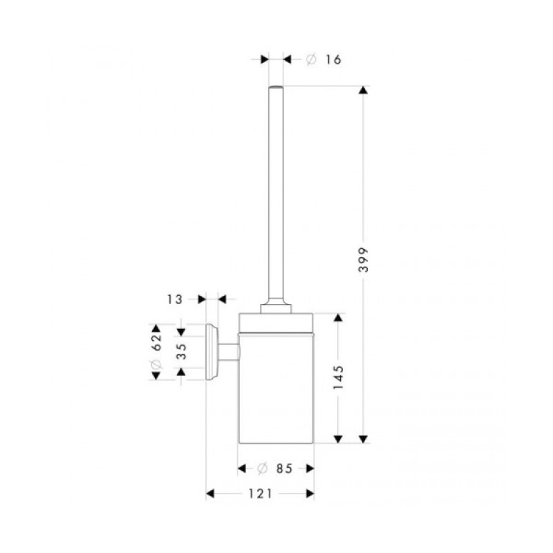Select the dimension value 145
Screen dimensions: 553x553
(339, 377)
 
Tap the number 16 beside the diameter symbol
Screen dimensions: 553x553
(332, 59)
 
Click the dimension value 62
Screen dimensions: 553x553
(156, 338)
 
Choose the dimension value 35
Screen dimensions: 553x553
(180, 351)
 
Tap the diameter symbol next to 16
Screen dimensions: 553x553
(310, 59)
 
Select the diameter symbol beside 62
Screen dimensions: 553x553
(156, 364)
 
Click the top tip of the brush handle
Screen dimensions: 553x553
(276, 87)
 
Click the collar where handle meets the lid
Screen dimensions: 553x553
(276, 306)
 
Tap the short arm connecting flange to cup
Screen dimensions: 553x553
(229, 352)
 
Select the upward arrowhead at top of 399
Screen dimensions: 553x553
(363, 91)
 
